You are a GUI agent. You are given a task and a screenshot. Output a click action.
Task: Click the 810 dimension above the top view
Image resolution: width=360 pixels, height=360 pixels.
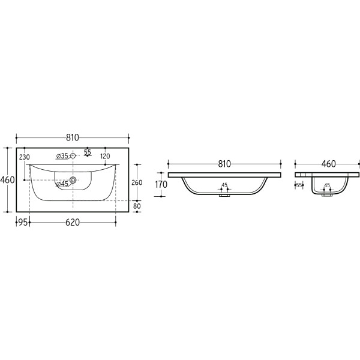click(73, 137)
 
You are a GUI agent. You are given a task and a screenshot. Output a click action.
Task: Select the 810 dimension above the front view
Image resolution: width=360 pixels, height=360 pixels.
click(224, 164)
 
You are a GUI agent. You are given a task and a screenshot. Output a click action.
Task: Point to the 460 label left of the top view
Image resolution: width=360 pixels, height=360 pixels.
click(7, 180)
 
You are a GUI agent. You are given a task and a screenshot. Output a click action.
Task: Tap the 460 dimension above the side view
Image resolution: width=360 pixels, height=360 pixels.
click(329, 164)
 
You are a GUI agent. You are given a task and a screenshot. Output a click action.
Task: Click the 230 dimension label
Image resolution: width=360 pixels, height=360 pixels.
click(25, 157)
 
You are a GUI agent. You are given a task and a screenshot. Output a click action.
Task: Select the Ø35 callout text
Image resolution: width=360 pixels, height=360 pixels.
click(62, 156)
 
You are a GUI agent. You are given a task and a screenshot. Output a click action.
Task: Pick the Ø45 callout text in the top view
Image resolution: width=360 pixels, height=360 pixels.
click(62, 184)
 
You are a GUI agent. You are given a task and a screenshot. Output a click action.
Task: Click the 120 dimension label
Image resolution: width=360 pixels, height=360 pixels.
click(105, 156)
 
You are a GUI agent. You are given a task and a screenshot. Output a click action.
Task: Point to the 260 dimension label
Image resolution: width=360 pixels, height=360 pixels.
click(137, 182)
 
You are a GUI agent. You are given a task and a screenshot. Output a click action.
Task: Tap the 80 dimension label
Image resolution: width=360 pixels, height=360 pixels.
click(137, 206)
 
